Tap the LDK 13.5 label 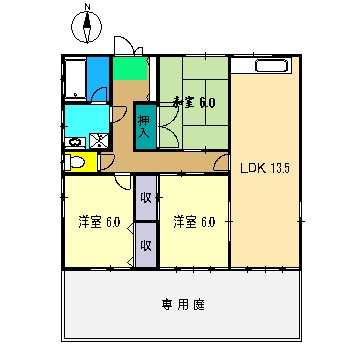pyautogui.click(x=264, y=167)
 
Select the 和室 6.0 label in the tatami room pyautogui.click(x=194, y=101)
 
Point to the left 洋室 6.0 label pyautogui.click(x=99, y=221)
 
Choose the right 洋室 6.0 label pyautogui.click(x=192, y=221)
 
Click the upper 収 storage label pyautogui.click(x=146, y=196)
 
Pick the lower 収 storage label pyautogui.click(x=146, y=243)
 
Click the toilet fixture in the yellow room pyautogui.click(x=77, y=162)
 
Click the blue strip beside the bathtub pyautogui.click(x=97, y=76)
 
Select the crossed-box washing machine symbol pyautogui.click(x=98, y=142)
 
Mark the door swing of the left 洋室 pyautogui.click(x=120, y=185)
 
